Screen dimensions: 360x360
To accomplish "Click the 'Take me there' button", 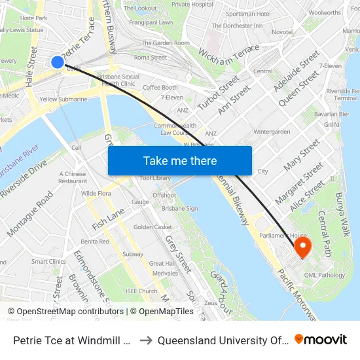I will pos(180,160).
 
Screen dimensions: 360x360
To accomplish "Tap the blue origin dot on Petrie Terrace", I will pos(58,62).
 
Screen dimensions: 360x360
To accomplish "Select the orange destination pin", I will pos(302,247).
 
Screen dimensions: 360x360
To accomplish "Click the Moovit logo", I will pos(320,339).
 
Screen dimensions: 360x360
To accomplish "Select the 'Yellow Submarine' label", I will pos(63,99).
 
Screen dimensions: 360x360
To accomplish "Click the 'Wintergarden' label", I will pos(272,132).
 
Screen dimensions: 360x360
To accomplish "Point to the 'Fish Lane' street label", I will pos(108,218).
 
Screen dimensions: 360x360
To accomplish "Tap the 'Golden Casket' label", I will pos(153,227).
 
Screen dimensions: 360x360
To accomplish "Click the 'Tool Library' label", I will pos(154,177).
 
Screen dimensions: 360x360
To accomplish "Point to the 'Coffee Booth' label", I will pos(160,88).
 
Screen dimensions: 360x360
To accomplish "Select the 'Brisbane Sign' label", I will pos(180,208).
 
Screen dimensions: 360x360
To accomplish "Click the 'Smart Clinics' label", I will pos(48,261).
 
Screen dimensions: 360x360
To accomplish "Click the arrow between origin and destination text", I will pos(147,339).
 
